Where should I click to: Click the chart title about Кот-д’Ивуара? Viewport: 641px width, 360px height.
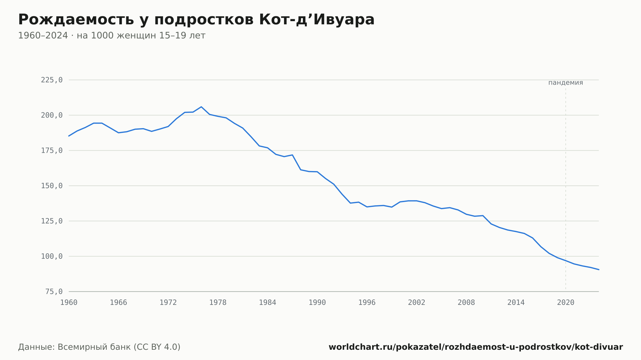196,20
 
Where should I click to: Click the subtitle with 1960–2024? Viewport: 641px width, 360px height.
112,36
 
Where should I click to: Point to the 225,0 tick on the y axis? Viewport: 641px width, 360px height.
52,80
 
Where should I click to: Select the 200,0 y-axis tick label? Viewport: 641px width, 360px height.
52,115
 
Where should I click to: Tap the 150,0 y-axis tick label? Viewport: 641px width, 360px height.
52,186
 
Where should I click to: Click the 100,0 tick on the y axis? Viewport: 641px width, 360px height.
52,256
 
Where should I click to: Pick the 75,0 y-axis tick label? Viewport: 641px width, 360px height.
54,291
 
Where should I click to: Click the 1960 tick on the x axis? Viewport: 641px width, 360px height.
69,303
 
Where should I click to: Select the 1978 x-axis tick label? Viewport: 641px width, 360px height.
218,303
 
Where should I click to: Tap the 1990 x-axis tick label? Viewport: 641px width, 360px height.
317,303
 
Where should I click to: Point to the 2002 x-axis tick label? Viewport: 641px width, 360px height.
417,303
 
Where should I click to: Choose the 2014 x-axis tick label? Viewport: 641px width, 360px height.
516,303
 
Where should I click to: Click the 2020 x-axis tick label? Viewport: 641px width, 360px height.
566,303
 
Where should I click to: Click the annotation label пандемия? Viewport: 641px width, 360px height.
566,83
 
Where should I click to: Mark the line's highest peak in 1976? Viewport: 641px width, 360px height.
201,107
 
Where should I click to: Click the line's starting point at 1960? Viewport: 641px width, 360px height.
69,136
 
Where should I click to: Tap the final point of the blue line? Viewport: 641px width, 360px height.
599,270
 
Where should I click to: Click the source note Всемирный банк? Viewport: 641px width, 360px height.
99,347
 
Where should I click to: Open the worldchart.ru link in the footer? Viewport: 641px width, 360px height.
476,347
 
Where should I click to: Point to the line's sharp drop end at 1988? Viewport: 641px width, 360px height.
301,170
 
